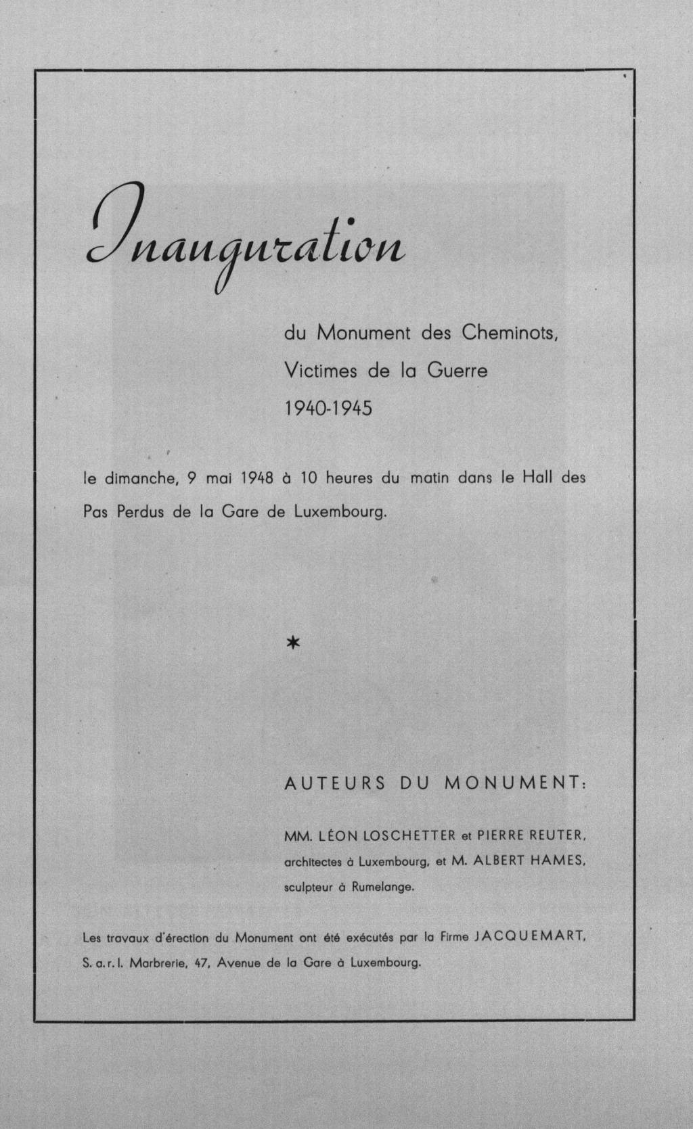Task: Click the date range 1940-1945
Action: coord(328,409)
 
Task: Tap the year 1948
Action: coord(255,478)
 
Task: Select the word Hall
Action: coord(536,478)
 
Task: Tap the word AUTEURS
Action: coord(335,784)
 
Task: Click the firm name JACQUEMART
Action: coord(533,938)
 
